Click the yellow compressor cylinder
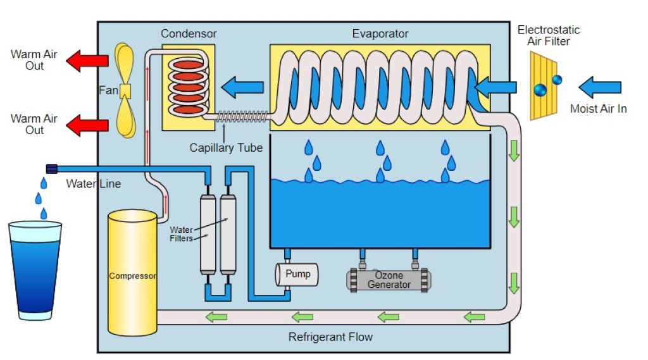[x=132, y=275]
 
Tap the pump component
[x=296, y=275]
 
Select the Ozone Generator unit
[x=389, y=280]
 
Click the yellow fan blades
[x=125, y=90]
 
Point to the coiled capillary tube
[x=243, y=116]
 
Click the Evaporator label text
[x=380, y=34]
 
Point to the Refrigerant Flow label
[x=330, y=337]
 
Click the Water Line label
[x=93, y=184]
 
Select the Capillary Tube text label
[x=226, y=148]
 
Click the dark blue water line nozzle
[x=52, y=168]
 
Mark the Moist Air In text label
[x=598, y=109]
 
